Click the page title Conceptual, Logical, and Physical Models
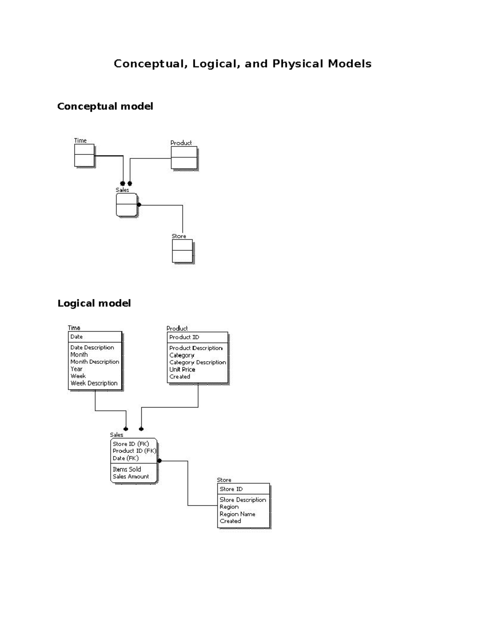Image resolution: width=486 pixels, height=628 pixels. [243, 64]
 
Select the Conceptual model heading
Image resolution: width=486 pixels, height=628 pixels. [105, 106]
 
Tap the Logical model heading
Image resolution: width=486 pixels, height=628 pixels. [94, 303]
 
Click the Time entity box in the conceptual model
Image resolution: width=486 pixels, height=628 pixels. [84, 155]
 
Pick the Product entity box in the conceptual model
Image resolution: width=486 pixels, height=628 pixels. [184, 158]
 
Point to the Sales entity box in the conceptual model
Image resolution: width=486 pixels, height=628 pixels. [126, 205]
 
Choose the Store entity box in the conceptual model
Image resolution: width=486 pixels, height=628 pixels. [182, 251]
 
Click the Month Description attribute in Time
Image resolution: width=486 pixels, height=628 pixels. [95, 362]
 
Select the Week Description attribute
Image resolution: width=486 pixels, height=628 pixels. [94, 383]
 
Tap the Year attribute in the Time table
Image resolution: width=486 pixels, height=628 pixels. [77, 369]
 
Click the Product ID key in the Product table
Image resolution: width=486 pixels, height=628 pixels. [184, 337]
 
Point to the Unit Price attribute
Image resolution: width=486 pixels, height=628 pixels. [182, 370]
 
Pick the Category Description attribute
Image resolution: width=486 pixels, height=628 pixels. [198, 362]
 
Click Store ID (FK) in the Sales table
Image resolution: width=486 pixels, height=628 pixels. [131, 444]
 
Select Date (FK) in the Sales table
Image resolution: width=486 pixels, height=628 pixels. [126, 458]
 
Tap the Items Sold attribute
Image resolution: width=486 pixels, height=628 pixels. [127, 469]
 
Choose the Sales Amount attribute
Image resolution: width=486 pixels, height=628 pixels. [131, 477]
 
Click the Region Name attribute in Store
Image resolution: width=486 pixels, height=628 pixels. [237, 514]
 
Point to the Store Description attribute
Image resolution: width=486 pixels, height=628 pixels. [243, 500]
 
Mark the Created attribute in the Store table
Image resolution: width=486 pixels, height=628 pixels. [230, 521]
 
